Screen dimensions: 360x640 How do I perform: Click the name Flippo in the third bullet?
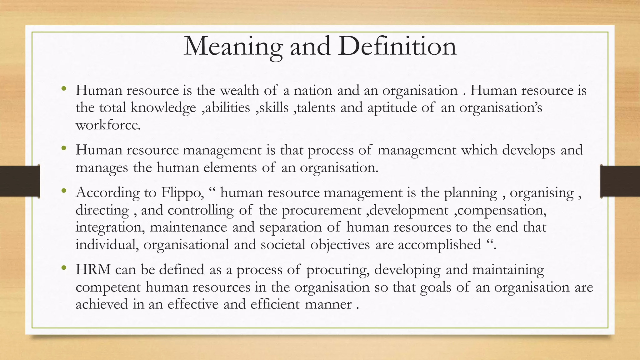click(182, 192)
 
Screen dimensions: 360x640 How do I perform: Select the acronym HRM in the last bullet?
click(93, 269)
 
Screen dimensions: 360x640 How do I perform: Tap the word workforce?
click(108, 125)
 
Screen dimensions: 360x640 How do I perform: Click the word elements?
click(230, 168)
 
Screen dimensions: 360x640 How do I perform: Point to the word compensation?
click(502, 210)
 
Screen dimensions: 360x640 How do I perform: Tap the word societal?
click(283, 244)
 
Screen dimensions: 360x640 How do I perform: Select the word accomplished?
click(439, 244)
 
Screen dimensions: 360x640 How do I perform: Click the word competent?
click(108, 287)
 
